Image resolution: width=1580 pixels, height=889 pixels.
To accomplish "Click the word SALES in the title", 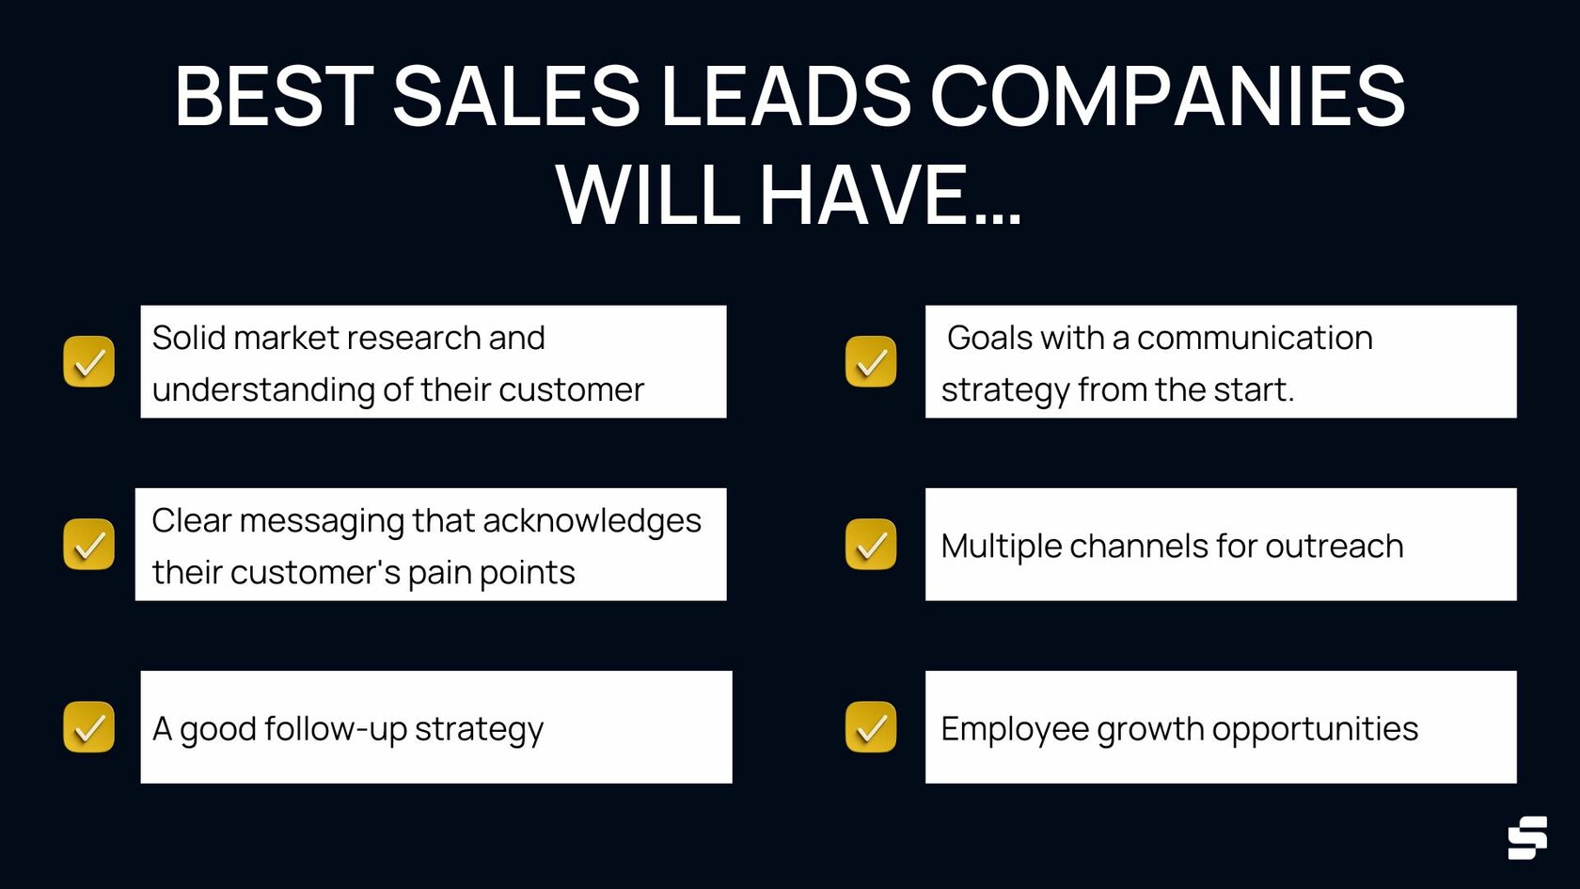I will pyautogui.click(x=515, y=96).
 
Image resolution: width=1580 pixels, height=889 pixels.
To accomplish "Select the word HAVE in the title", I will pyautogui.click(x=863, y=196).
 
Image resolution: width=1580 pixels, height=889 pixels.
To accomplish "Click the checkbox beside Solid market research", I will pyautogui.click(x=89, y=362).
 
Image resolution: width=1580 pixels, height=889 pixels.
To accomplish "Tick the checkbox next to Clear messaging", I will pyautogui.click(x=89, y=545).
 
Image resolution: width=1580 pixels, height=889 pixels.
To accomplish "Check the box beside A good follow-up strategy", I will pyautogui.click(x=89, y=727).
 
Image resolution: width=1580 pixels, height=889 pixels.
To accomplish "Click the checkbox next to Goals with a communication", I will pyautogui.click(x=871, y=362).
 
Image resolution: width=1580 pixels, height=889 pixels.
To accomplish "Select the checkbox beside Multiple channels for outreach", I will pyautogui.click(x=871, y=545).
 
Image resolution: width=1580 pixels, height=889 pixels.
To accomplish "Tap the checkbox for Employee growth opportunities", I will pyautogui.click(x=871, y=727).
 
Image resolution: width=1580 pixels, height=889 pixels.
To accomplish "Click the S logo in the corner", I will pyautogui.click(x=1527, y=837).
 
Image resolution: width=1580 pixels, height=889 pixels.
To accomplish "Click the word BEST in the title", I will pyautogui.click(x=274, y=96).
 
